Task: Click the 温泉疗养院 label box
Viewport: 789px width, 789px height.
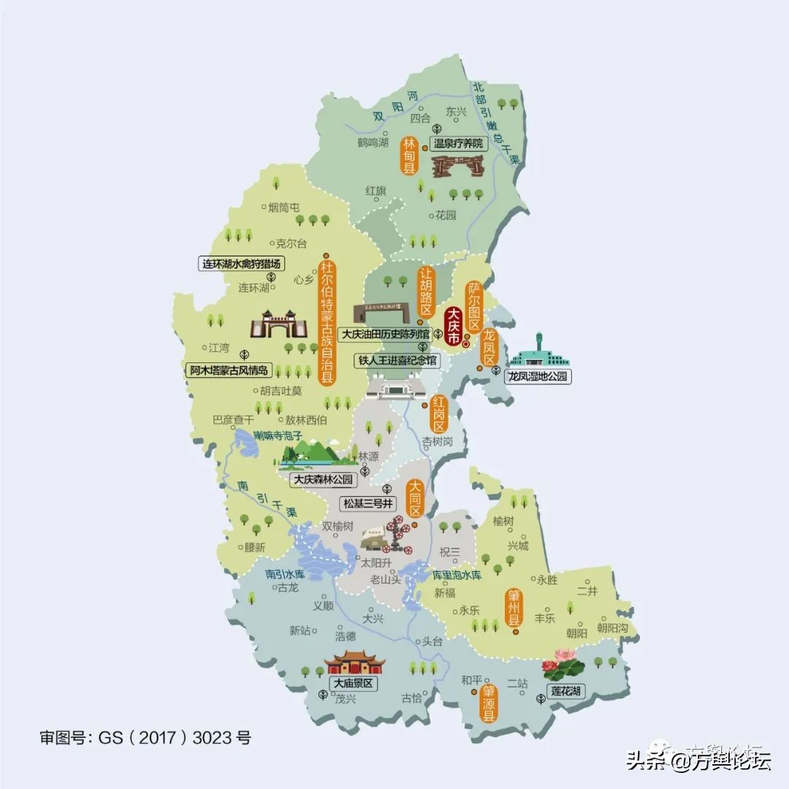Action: coord(459,144)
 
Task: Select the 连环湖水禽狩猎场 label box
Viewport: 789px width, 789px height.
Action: coord(242,264)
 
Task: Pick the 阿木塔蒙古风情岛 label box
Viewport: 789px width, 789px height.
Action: coord(229,370)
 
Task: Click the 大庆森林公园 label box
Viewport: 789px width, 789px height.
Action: coord(323,480)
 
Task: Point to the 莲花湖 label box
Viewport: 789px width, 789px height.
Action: coord(568,690)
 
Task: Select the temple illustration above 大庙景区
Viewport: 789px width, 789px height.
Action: coord(354,662)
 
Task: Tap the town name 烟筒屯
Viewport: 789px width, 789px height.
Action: coord(284,208)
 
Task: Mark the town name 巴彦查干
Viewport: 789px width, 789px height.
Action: coord(232,420)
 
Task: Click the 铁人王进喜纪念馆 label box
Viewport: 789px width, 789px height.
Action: coord(397,361)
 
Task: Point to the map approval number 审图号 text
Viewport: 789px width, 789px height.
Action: coord(145,738)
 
